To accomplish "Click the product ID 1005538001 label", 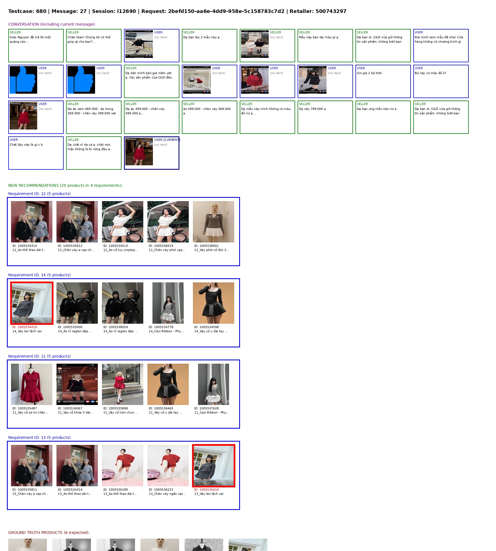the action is [206, 246].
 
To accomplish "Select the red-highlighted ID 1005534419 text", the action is [25, 327].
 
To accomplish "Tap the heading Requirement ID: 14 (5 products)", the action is [39, 275].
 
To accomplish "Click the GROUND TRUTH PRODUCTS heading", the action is [49, 533].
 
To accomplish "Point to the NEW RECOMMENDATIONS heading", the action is [65, 185].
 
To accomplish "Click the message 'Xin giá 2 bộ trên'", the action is [369, 73].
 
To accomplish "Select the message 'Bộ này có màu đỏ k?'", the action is [430, 73].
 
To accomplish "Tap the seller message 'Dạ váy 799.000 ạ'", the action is [312, 109].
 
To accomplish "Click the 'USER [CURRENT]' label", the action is [167, 140].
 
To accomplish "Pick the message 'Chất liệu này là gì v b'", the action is [26, 145].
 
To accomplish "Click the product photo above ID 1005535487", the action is [32, 384].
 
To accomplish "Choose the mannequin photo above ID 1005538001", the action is [214, 222].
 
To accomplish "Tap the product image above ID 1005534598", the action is [214, 303].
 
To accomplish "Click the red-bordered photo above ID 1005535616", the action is [214, 466].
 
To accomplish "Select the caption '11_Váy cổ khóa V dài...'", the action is [75, 412].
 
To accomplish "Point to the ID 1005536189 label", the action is [115, 490].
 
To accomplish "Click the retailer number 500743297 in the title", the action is [331, 11].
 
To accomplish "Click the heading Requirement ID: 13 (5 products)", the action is [39, 437].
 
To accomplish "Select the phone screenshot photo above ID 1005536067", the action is [77, 384].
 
